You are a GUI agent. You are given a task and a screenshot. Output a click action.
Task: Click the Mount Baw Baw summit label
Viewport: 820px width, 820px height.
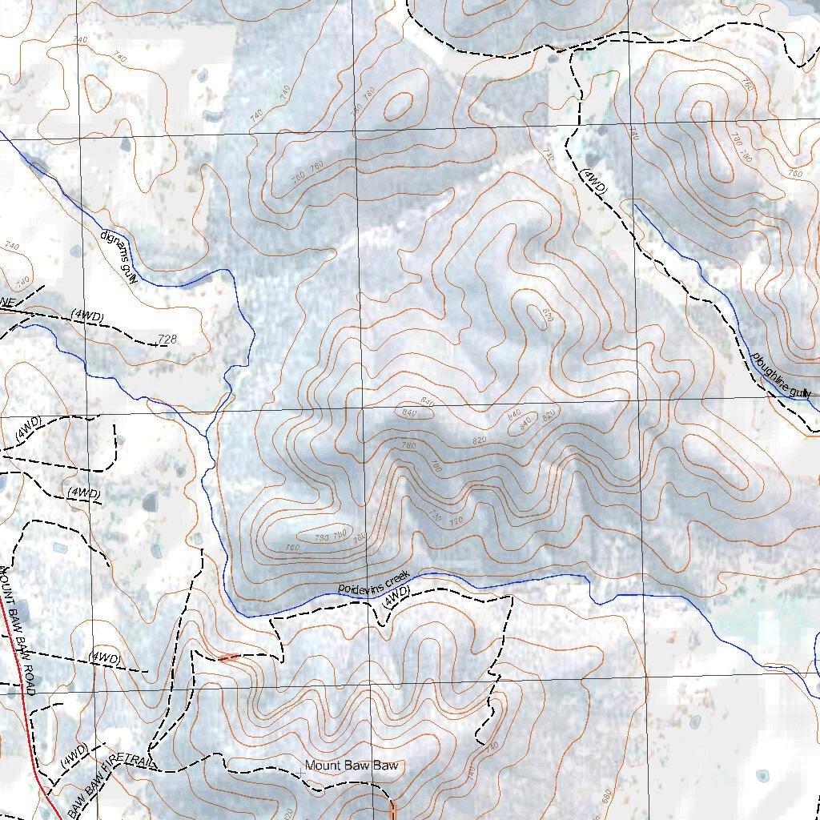(x=351, y=766)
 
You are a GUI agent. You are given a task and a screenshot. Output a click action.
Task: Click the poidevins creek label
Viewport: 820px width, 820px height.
(x=373, y=582)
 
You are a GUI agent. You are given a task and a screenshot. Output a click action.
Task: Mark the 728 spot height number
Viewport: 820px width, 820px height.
(x=167, y=340)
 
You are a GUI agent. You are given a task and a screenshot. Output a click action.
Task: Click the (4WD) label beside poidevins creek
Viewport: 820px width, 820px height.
(x=396, y=595)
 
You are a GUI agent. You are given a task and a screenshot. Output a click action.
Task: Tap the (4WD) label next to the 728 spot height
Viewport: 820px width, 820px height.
(x=86, y=316)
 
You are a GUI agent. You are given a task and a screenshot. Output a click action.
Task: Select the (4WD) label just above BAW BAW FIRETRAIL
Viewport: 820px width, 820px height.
(x=74, y=757)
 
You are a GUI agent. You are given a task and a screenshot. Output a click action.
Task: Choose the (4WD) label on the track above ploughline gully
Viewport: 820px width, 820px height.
(x=594, y=183)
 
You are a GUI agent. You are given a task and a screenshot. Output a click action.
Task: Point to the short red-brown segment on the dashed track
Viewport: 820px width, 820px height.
(x=228, y=657)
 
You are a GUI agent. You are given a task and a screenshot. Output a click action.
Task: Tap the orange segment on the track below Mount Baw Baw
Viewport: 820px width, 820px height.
(x=392, y=809)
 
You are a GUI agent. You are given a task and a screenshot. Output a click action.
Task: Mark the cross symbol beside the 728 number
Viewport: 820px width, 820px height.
(x=152, y=344)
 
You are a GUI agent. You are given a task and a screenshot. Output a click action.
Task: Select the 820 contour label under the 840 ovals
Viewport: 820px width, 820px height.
(x=480, y=440)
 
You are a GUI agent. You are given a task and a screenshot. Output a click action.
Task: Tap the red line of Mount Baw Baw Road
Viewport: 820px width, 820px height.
(x=28, y=721)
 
